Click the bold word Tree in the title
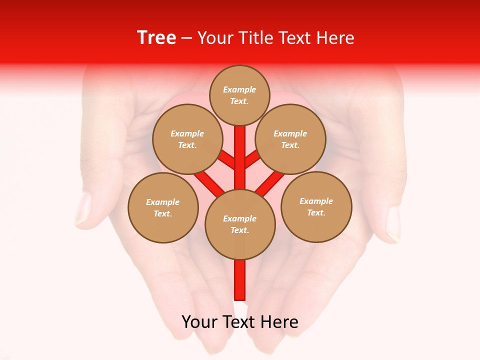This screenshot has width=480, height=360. tap(156, 37)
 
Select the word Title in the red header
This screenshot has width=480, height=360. tap(254, 38)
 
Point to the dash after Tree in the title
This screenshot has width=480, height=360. tap(186, 38)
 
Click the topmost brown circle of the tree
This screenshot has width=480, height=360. tap(239, 95)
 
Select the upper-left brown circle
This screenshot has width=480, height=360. tap(187, 139)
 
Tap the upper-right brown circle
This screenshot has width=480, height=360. tap(290, 139)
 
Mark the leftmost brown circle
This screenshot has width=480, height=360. tap(163, 207)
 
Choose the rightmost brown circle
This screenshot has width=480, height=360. tap(316, 206)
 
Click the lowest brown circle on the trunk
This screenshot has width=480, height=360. tap(240, 224)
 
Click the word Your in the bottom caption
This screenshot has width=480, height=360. tap(199, 321)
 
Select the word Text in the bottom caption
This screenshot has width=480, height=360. tap(239, 321)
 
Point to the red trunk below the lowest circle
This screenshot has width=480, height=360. tap(240, 280)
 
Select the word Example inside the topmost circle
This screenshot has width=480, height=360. tap(239, 89)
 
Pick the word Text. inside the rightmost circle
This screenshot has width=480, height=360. tap(316, 212)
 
